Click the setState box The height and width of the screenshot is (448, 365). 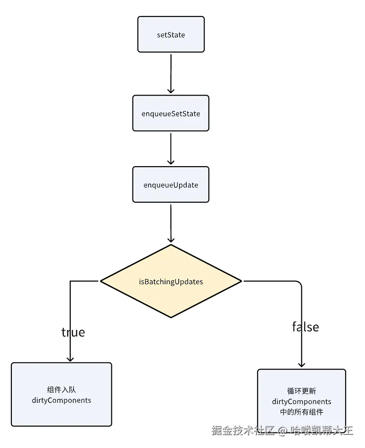pos(171,34)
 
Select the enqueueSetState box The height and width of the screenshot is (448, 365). pos(171,113)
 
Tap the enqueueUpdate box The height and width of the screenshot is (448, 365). pos(171,184)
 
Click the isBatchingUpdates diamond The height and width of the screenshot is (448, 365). pos(171,281)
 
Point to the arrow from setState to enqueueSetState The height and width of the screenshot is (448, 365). pos(171,74)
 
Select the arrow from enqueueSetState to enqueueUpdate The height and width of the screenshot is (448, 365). pos(171,149)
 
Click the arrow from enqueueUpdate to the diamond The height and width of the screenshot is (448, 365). pos(171,224)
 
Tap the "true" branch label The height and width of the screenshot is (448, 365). pos(73,332)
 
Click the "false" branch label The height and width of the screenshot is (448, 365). pos(306,327)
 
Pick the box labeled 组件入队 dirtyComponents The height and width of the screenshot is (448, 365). pos(62,394)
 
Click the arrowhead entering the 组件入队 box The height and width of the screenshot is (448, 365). pos(70,359)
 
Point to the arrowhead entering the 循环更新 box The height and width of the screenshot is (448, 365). pos(301,364)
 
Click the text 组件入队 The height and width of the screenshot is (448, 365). pos(62,390)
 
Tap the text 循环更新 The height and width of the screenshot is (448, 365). pos(301,391)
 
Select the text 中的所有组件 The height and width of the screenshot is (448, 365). pos(301,412)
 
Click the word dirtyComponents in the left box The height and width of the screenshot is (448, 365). pos(62,400)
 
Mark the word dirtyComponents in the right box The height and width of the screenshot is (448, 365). pos(301,402)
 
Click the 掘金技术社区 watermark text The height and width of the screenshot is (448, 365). pos(243,430)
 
